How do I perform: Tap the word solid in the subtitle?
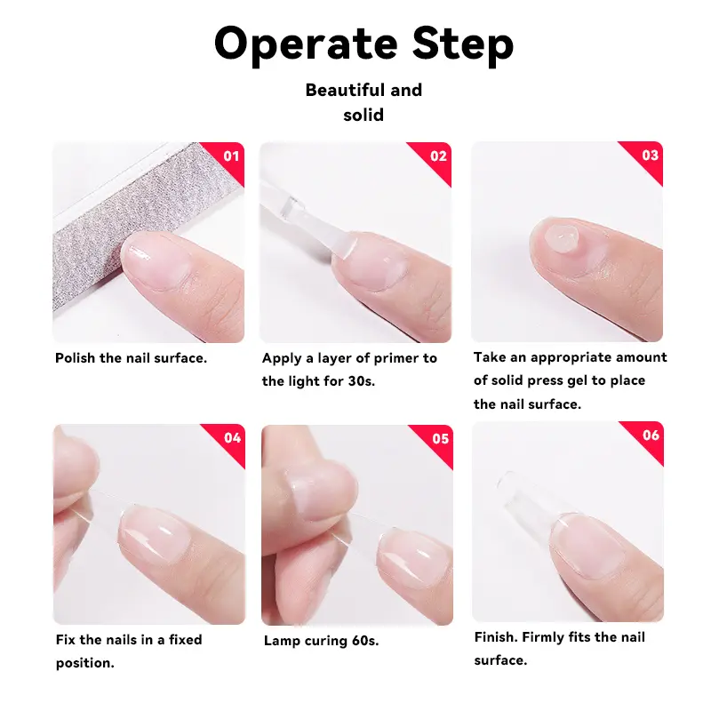[363, 116]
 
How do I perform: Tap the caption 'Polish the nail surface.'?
[131, 358]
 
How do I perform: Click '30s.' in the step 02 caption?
[362, 381]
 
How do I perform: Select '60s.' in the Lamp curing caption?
[365, 641]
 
